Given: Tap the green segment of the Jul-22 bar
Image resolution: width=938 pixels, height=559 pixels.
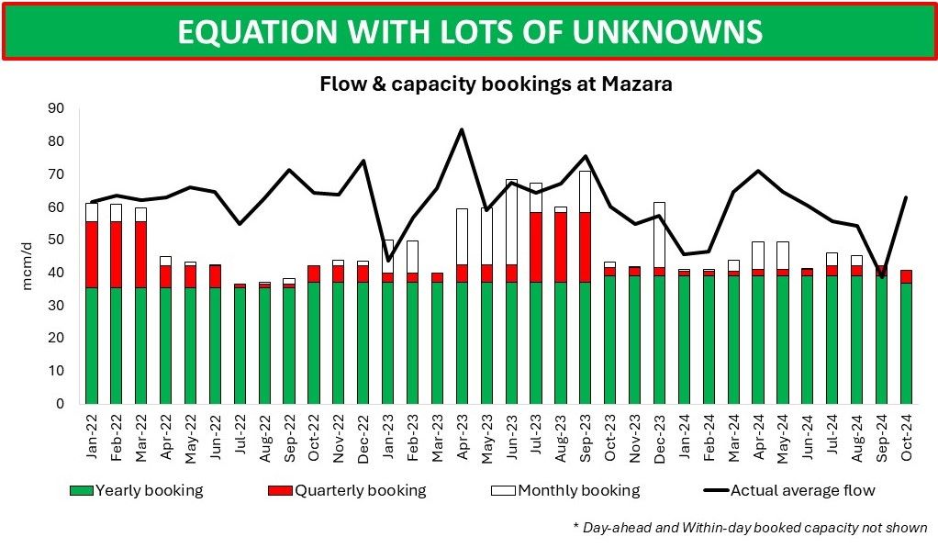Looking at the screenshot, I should (240, 345).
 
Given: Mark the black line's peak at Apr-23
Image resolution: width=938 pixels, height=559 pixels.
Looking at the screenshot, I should (462, 129).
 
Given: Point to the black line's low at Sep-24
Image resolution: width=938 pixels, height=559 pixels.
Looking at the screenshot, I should (882, 276).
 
